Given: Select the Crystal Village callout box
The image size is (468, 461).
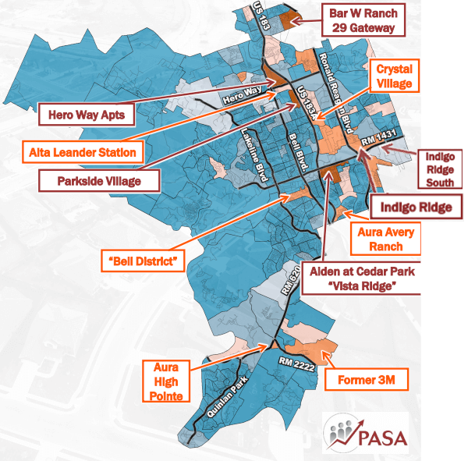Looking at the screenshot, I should (395, 76).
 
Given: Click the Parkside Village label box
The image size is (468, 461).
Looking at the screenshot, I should (98, 181).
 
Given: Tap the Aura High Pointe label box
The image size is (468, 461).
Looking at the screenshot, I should (168, 381).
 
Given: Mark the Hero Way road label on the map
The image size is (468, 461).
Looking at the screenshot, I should (239, 97).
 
